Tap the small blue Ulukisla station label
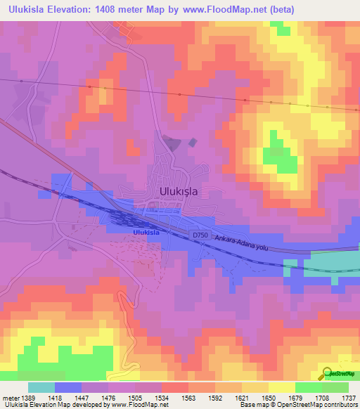pyautogui.click(x=146, y=233)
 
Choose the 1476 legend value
pyautogui.click(x=108, y=398)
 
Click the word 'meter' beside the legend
pyautogui.click(x=10, y=398)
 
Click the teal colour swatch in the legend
pyautogui.click(x=41, y=387)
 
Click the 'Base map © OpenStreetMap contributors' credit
pyautogui.click(x=298, y=405)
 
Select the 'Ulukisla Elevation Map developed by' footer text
pyautogui.click(x=53, y=405)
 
